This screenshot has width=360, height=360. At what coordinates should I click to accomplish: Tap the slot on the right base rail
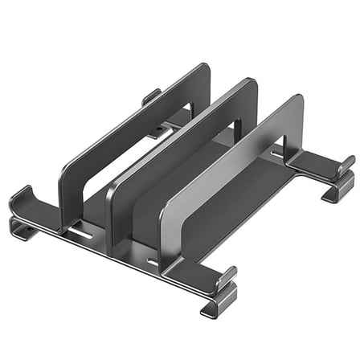click(277, 153)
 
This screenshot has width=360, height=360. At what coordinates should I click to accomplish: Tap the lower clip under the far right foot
click(335, 194)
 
